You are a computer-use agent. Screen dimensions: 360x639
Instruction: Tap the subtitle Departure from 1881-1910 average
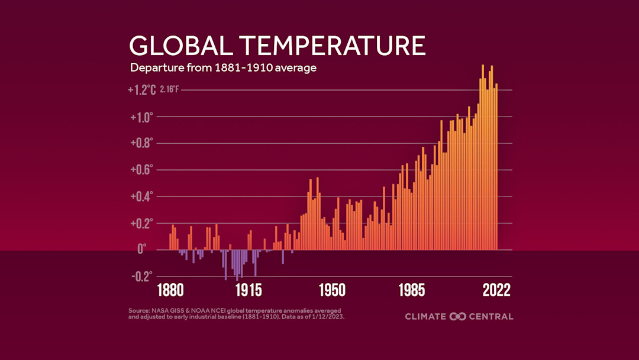[223, 67]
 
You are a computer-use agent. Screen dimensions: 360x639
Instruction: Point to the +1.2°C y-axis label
[141, 90]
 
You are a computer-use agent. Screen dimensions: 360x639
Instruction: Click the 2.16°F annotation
[169, 91]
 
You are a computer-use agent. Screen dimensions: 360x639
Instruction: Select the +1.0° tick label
[141, 117]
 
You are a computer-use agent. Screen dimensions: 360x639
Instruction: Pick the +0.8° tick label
[141, 143]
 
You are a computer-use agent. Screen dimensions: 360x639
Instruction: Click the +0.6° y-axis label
[141, 169]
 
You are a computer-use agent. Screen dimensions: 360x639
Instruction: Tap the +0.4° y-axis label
[141, 196]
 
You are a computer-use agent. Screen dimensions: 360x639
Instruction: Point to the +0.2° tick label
[141, 223]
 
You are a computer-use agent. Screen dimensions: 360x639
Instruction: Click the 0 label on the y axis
[141, 250]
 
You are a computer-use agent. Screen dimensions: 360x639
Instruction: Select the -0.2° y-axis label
[141, 276]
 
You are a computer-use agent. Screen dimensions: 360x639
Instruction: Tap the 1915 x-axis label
[248, 291]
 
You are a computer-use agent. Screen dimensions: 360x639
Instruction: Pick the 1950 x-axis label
[332, 291]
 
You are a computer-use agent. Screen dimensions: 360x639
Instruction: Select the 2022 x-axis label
[495, 291]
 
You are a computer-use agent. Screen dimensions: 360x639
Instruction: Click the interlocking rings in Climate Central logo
[458, 316]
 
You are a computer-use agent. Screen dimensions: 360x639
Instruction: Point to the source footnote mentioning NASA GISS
[236, 313]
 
